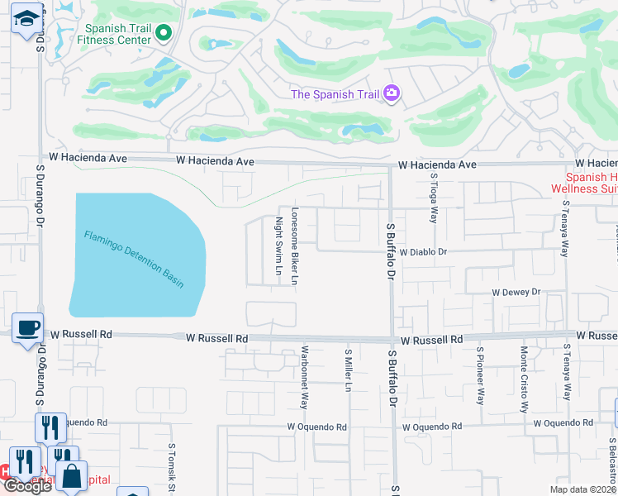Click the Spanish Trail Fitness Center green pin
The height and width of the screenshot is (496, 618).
163,33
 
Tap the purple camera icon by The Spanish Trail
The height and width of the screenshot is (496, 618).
392,93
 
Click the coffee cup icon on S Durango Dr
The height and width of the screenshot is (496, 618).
26,327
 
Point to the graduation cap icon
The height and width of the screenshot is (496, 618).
26,17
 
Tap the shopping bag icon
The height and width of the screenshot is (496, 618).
72,477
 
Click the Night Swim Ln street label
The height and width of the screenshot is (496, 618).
279,246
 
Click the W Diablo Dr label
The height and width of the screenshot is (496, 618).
423,251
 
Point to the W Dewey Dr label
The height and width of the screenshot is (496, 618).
516,292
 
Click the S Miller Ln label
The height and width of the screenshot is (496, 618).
349,370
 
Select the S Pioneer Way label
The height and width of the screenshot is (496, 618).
479,375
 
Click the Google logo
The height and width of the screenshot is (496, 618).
27,486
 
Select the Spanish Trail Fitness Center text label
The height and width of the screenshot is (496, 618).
116,32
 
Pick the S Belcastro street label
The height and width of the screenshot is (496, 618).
613,460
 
